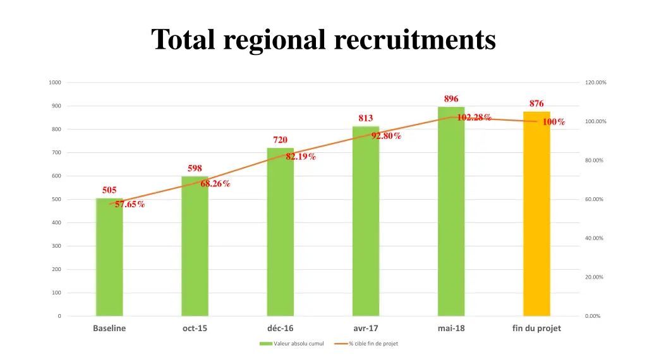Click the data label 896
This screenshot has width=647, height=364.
[x=451, y=99]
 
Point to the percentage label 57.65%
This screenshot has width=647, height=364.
[x=130, y=204]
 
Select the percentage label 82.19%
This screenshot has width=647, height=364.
[x=301, y=157]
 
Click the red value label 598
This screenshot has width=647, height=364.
[x=195, y=168]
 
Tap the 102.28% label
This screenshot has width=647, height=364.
[x=474, y=117]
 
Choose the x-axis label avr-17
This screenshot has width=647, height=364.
[x=366, y=329]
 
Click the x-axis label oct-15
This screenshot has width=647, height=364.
[x=195, y=329]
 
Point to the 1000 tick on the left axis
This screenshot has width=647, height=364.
[x=55, y=83]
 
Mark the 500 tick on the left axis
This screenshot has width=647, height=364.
[x=56, y=200]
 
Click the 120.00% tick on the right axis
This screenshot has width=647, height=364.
[x=595, y=83]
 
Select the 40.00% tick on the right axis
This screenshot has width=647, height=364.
[x=594, y=238]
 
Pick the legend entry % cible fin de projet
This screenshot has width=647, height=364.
[x=373, y=344]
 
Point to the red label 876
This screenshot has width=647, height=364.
[x=536, y=104]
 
